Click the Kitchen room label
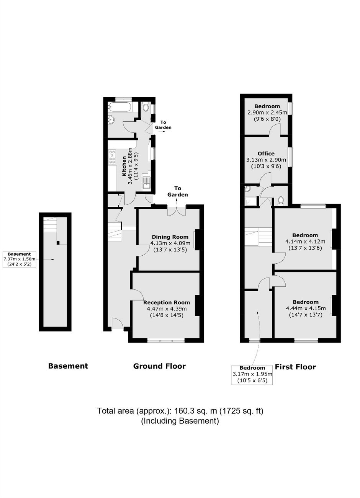click(x=124, y=166)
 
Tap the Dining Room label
click(x=170, y=237)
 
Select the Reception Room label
click(x=167, y=302)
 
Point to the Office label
click(x=266, y=153)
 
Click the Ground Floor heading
click(x=159, y=366)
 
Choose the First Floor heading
click(x=295, y=367)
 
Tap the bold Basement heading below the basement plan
click(x=68, y=366)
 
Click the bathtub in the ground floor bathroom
click(x=119, y=108)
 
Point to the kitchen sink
click(x=146, y=183)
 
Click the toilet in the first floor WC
click(x=281, y=200)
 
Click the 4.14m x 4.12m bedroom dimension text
click(x=305, y=241)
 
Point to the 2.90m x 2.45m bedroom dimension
click(x=267, y=113)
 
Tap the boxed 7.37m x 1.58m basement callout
click(x=20, y=259)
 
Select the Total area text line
click(x=180, y=411)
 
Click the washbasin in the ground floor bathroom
click(x=111, y=120)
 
